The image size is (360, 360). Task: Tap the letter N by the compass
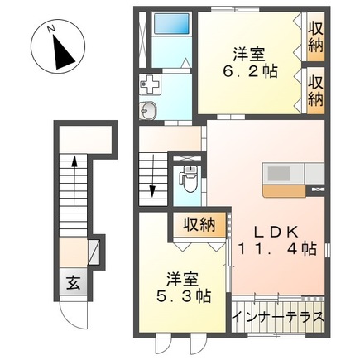pyautogui.click(x=51, y=31)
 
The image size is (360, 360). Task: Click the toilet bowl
pyautogui.click(x=189, y=178)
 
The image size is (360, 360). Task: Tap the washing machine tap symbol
pyautogui.click(x=151, y=83)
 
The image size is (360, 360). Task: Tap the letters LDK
pyautogui.click(x=268, y=229)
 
